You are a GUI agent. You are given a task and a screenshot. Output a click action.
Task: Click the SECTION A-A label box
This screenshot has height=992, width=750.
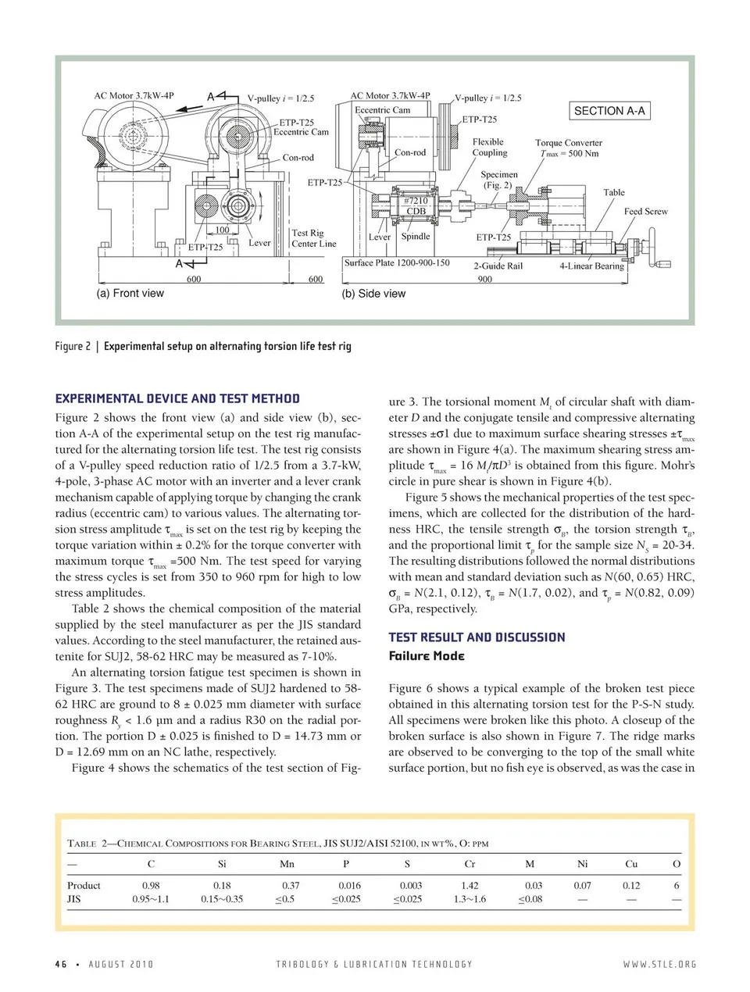(x=609, y=111)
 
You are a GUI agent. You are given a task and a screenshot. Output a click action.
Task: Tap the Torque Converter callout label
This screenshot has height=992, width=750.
(x=568, y=148)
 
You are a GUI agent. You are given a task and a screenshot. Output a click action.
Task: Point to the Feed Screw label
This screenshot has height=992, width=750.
(x=645, y=212)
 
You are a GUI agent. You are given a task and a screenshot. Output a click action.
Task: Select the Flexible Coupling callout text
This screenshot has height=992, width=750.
(x=489, y=147)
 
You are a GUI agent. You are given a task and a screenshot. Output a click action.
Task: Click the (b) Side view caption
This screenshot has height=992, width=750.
(x=373, y=294)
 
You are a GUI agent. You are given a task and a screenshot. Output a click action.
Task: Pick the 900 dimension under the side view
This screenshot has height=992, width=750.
(x=484, y=279)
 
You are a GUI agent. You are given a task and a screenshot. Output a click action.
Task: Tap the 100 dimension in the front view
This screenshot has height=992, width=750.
(x=222, y=230)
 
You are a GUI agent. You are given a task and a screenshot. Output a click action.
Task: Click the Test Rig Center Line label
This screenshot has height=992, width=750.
(x=313, y=238)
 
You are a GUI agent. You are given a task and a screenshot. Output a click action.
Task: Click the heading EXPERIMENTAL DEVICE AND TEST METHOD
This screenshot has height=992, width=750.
(x=177, y=398)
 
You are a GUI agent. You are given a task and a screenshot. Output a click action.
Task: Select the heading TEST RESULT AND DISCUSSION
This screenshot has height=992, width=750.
(x=477, y=637)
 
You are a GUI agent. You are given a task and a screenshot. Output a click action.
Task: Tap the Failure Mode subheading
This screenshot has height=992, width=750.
(x=427, y=656)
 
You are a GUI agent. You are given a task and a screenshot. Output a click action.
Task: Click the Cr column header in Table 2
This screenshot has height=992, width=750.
(x=470, y=864)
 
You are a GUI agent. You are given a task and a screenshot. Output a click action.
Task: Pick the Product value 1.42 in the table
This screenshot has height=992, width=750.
(x=470, y=886)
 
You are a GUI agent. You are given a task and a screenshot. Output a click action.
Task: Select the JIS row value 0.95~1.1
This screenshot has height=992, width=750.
(x=151, y=899)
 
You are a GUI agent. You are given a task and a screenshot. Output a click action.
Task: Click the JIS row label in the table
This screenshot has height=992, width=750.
(x=74, y=899)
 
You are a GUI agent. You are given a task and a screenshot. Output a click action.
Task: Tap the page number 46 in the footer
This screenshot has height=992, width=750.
(x=60, y=964)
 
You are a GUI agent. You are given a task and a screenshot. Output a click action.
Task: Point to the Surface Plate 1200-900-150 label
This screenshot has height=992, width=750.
(x=397, y=262)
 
